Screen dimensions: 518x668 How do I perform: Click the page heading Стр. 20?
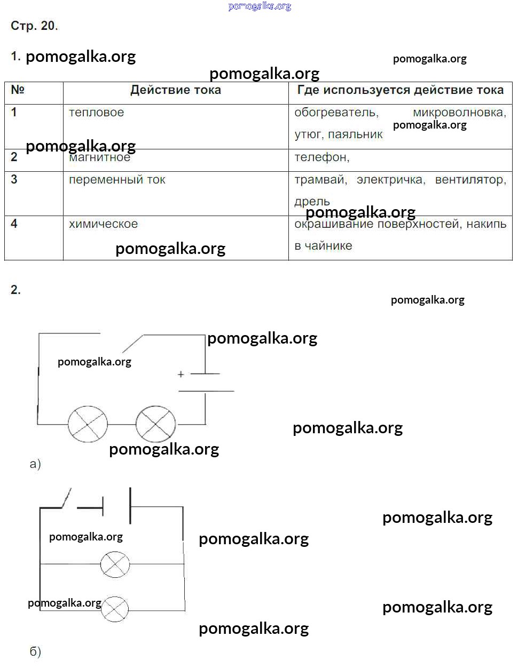[34, 26]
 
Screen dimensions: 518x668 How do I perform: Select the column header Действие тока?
[176, 90]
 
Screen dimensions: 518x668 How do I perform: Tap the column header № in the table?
[18, 90]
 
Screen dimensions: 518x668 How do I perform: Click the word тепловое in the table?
[96, 113]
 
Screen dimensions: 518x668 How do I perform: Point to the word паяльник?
[355, 134]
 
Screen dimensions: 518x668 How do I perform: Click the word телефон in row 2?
[322, 157]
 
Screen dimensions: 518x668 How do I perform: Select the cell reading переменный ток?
[117, 180]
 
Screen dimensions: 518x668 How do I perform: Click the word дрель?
[312, 202]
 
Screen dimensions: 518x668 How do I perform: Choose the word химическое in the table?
[104, 224]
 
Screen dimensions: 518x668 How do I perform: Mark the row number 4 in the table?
[14, 224]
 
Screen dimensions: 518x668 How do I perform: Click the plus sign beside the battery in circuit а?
[181, 374]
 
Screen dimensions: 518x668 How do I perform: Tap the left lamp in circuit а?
[88, 425]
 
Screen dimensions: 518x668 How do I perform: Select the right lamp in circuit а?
[155, 424]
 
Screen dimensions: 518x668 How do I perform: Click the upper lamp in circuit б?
[115, 564]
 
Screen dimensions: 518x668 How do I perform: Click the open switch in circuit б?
[66, 498]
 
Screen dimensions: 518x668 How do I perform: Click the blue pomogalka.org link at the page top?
[260, 6]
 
